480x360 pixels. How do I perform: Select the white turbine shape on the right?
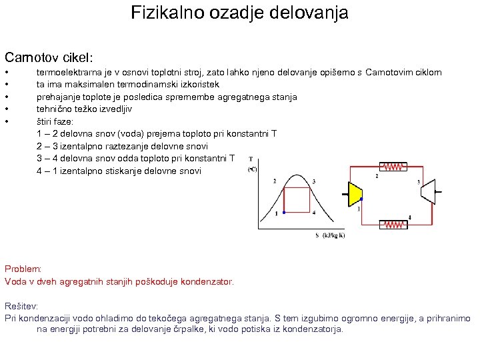click(427, 192)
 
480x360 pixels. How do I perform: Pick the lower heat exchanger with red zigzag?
click(393, 225)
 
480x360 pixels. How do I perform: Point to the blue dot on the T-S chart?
click(284, 213)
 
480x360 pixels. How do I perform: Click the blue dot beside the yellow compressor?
click(361, 199)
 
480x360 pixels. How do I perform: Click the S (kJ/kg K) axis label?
click(330, 235)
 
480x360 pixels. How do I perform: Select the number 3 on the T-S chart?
click(314, 181)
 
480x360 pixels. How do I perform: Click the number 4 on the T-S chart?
click(314, 213)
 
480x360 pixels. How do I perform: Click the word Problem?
click(23, 269)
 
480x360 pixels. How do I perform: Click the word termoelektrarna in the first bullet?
click(70, 72)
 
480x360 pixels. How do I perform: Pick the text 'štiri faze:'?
click(55, 122)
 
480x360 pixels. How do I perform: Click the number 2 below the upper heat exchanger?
click(378, 177)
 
